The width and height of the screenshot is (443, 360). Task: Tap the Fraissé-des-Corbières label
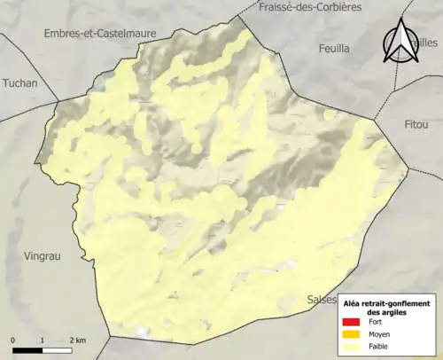311,7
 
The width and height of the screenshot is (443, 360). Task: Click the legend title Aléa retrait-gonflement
388,304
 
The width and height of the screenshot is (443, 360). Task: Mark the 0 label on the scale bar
14,340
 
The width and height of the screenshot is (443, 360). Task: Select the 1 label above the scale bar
43,340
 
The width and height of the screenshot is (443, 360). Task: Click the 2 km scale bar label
77,340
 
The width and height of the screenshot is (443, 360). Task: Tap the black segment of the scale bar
28,350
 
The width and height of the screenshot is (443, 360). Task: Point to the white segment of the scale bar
57,350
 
